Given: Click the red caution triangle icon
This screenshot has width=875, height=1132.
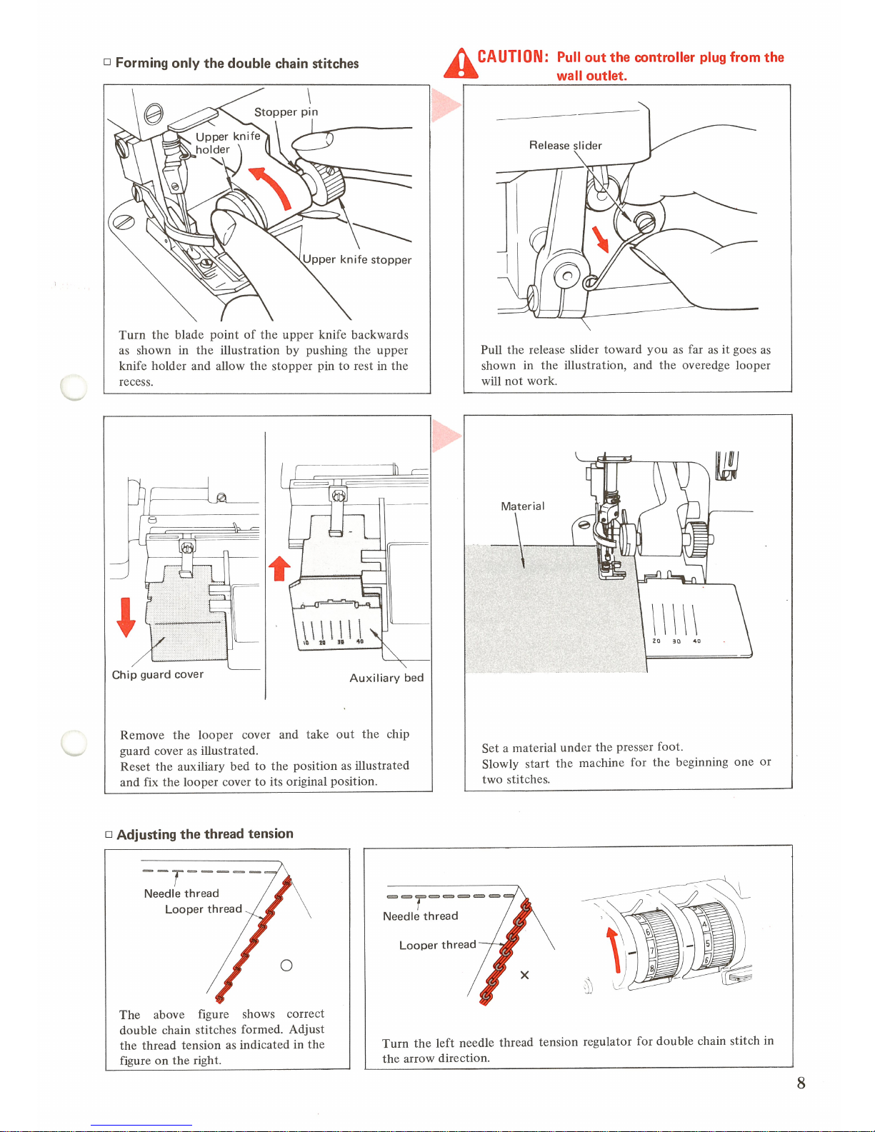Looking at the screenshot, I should click(x=461, y=64).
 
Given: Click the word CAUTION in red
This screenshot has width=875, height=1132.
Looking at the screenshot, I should click(x=512, y=56).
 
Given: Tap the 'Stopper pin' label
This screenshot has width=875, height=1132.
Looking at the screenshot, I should click(x=286, y=112).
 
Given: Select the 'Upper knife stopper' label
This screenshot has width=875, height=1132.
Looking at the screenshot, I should click(x=357, y=259).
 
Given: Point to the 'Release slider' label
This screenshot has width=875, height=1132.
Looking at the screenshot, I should click(x=565, y=145).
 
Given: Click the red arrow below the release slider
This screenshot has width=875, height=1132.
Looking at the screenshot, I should click(x=600, y=239).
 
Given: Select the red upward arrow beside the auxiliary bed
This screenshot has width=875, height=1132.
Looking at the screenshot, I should click(x=279, y=568).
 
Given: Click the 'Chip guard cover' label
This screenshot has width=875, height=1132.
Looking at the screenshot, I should click(x=157, y=674).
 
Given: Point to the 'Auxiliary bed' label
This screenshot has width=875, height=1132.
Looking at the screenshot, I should click(x=386, y=678).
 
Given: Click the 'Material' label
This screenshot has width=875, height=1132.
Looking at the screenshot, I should click(x=522, y=506).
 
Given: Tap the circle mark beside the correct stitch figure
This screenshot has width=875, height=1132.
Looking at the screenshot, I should click(x=286, y=966).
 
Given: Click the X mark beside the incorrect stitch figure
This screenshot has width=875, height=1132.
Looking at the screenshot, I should click(x=524, y=975).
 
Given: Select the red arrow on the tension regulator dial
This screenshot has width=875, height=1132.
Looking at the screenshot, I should click(x=613, y=949).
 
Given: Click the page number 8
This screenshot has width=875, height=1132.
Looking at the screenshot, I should click(x=801, y=1083).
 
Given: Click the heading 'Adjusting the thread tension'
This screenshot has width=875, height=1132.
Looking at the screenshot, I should click(x=204, y=833).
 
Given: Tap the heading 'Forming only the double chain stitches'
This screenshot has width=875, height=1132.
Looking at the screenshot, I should click(x=236, y=63).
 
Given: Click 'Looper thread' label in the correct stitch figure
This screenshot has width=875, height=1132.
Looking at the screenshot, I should click(x=203, y=908).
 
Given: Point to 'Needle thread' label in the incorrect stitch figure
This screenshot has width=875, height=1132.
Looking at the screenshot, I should click(x=420, y=916).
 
